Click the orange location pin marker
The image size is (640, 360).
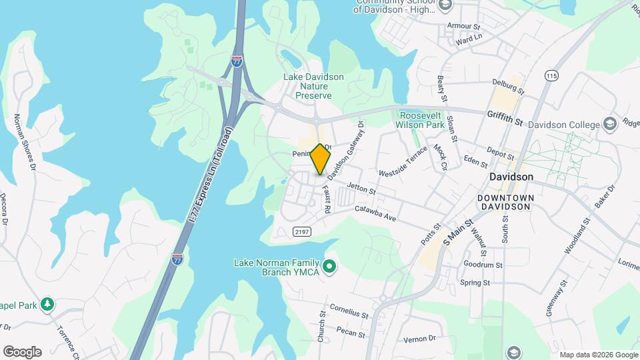pos(320,159)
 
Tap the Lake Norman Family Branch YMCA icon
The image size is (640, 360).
pos(328,267)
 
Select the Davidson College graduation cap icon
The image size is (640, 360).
pos(609,124)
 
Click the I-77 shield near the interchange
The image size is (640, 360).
pos(237,61)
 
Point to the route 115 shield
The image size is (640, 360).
pos(551,75)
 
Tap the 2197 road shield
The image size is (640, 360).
pos(301,231)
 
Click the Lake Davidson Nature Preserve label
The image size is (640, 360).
pos(313,86)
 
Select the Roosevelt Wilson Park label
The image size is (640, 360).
pos(420,119)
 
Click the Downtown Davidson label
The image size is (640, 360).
pos(504,203)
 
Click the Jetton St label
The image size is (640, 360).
pos(362,191)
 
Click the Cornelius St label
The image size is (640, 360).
pos(349,312)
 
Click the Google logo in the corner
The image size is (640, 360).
pos(22,352)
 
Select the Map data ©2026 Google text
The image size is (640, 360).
pos(598,355)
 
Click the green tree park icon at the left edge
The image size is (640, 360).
pos(47,304)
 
